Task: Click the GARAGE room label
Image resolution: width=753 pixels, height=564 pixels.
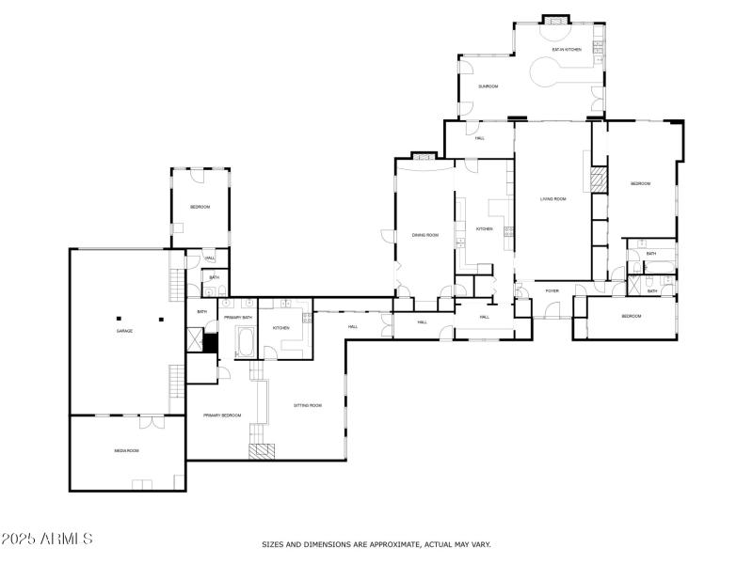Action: (x=123, y=331)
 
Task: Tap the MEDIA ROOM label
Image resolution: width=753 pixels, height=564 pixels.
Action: (x=127, y=451)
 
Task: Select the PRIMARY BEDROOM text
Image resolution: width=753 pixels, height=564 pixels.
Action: (x=222, y=415)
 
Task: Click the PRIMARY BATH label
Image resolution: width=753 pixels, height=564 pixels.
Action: (x=238, y=317)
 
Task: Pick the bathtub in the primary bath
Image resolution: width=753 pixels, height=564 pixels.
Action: (x=246, y=342)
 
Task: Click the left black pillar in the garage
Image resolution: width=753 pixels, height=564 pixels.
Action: (x=120, y=320)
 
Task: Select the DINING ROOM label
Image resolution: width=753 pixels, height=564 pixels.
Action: (x=425, y=235)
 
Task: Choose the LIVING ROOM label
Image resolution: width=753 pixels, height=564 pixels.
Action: (x=553, y=198)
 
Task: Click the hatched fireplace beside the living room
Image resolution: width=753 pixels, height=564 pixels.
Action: (x=597, y=180)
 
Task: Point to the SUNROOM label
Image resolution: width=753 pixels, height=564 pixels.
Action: (x=488, y=86)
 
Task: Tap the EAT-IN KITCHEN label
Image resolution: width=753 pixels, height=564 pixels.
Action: (x=566, y=49)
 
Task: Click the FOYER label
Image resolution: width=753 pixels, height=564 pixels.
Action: (x=552, y=290)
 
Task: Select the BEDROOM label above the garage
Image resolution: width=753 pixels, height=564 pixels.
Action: (x=200, y=207)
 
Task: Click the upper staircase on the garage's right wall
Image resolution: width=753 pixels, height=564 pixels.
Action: (x=175, y=281)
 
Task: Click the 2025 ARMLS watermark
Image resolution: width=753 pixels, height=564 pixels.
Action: (x=47, y=540)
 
